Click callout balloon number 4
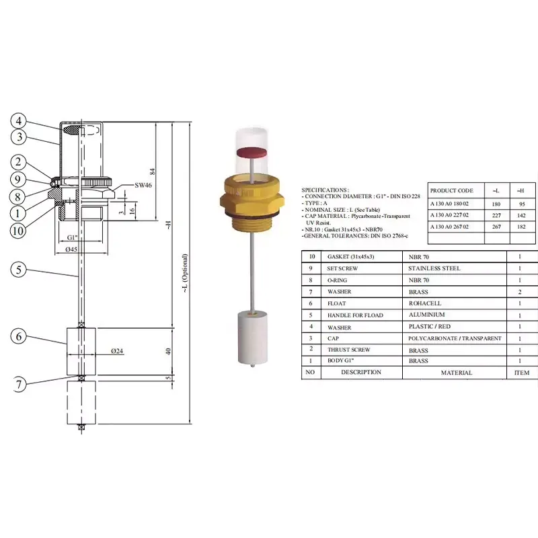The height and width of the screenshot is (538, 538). coord(20,122)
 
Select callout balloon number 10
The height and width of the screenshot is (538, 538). coord(20,231)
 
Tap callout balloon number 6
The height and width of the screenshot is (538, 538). coord(20,336)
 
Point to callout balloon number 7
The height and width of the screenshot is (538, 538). coord(20,385)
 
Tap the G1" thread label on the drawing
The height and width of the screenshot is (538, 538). coord(73,238)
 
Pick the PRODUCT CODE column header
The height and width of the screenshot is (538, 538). coord(451,191)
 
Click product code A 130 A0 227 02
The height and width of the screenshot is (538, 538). coord(451,216)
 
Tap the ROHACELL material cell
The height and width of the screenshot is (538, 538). coord(425,303)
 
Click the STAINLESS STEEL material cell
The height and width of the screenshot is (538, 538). coord(434,268)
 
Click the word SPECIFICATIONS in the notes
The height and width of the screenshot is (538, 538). coord(325,190)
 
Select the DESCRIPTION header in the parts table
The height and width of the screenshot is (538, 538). coord(360,372)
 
